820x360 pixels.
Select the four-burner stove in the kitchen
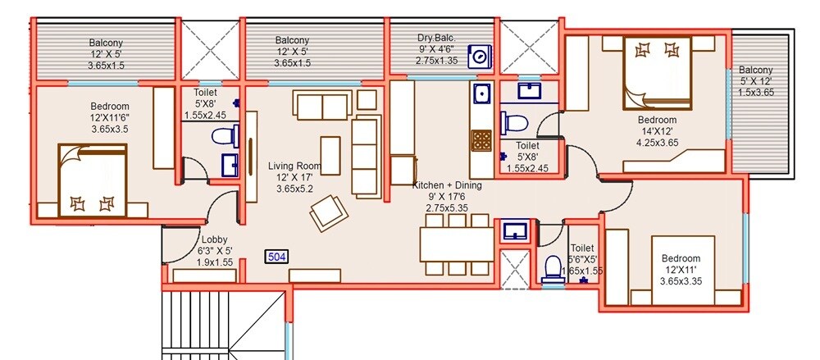[x=480, y=140]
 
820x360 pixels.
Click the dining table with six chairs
[x=457, y=244]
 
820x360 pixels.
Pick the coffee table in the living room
[x=330, y=153]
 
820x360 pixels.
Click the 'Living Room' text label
[x=294, y=166]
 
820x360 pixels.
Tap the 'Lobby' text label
[x=214, y=239]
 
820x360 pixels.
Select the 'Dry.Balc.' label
[x=436, y=37]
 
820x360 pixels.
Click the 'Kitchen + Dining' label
[x=447, y=185]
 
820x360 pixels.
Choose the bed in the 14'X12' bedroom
[x=657, y=71]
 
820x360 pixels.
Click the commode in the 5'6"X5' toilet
[x=552, y=268]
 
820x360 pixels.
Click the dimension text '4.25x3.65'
[x=658, y=141]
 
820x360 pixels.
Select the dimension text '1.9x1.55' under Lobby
[x=216, y=262]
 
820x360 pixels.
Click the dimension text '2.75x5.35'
[x=447, y=208]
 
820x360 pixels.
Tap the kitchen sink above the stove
[x=480, y=93]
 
